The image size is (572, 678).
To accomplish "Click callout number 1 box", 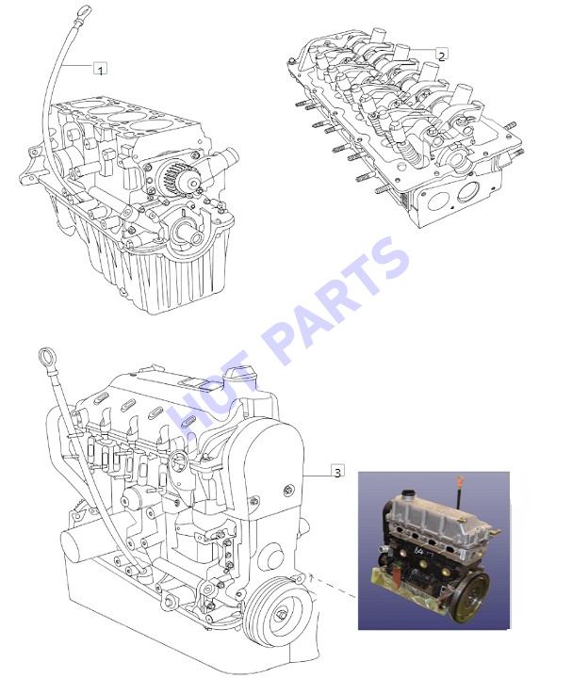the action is tap(100, 69).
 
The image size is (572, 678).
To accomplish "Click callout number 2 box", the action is tap(441, 55).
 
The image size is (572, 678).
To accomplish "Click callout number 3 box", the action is tap(338, 471).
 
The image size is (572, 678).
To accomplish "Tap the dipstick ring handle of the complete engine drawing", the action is tap(46, 357).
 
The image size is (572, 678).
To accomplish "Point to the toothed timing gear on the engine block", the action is tap(171, 175).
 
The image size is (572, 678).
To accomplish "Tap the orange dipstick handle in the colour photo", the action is tap(461, 481).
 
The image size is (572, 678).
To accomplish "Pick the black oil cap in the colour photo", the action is tap(407, 494).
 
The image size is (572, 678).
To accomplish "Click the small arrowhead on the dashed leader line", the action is tap(312, 575).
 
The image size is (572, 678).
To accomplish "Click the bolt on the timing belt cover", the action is tap(288, 490).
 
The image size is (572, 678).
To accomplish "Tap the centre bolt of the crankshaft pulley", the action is tap(281, 615).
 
